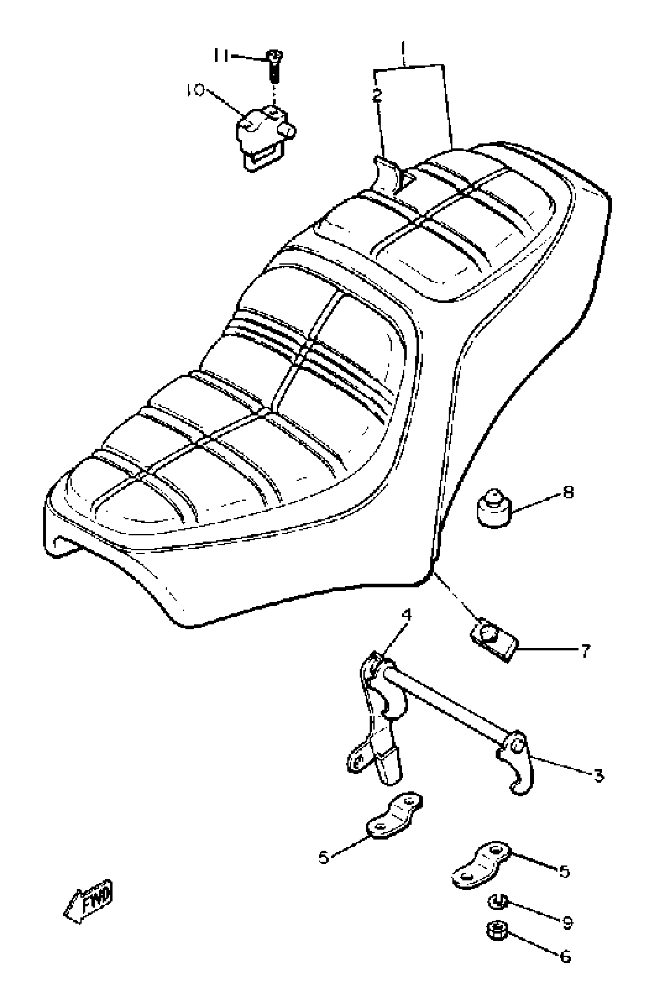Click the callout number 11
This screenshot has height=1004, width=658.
point(220,55)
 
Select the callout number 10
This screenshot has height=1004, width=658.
point(195,90)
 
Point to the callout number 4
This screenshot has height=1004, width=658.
point(406,615)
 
